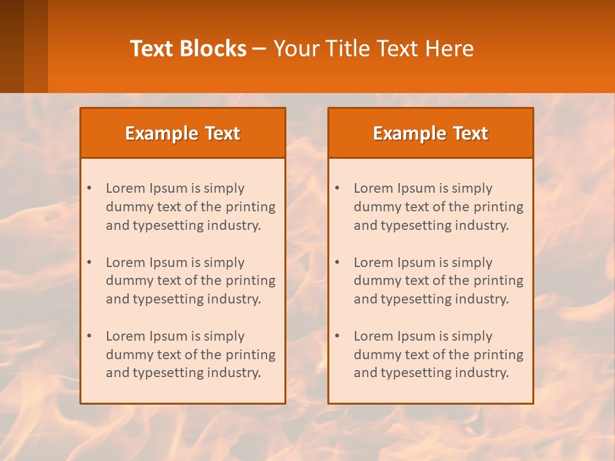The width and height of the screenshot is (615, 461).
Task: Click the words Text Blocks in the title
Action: (188, 49)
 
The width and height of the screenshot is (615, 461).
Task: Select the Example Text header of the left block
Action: (183, 133)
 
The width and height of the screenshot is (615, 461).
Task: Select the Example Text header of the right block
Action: (430, 133)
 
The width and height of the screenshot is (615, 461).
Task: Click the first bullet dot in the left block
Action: (89, 188)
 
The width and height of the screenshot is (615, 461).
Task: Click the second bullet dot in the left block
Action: (89, 263)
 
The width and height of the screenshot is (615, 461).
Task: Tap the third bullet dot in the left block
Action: (89, 336)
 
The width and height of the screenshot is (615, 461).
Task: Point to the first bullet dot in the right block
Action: (337, 188)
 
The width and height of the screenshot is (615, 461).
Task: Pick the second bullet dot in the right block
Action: (337, 263)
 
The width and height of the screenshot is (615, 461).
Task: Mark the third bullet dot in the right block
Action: (337, 336)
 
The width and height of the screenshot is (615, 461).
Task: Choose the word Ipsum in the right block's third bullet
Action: (417, 336)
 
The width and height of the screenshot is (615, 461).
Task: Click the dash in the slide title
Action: (260, 49)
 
